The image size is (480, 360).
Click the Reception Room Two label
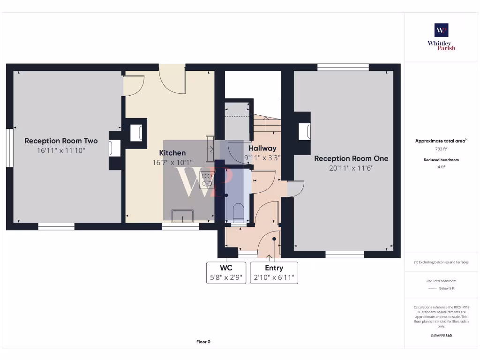[61, 141]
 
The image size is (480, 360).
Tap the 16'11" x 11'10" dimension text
[61, 150]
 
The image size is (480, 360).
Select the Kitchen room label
[172, 153]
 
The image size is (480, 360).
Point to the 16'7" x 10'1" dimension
[172, 163]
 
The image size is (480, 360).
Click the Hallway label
[262, 148]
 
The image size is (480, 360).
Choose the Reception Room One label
[351, 158]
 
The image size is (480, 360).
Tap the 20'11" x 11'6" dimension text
[351, 168]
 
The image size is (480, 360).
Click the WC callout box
[226, 272]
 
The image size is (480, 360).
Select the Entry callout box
[274, 272]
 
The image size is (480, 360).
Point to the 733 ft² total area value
[441, 149]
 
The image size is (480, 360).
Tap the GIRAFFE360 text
[441, 336]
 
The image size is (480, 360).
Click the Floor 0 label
[203, 342]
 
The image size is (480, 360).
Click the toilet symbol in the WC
[238, 212]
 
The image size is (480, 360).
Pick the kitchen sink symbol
[183, 216]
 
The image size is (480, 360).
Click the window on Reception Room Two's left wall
[9, 148]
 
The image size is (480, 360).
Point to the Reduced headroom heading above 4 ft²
[441, 160]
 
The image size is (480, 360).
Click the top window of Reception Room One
[336, 67]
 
